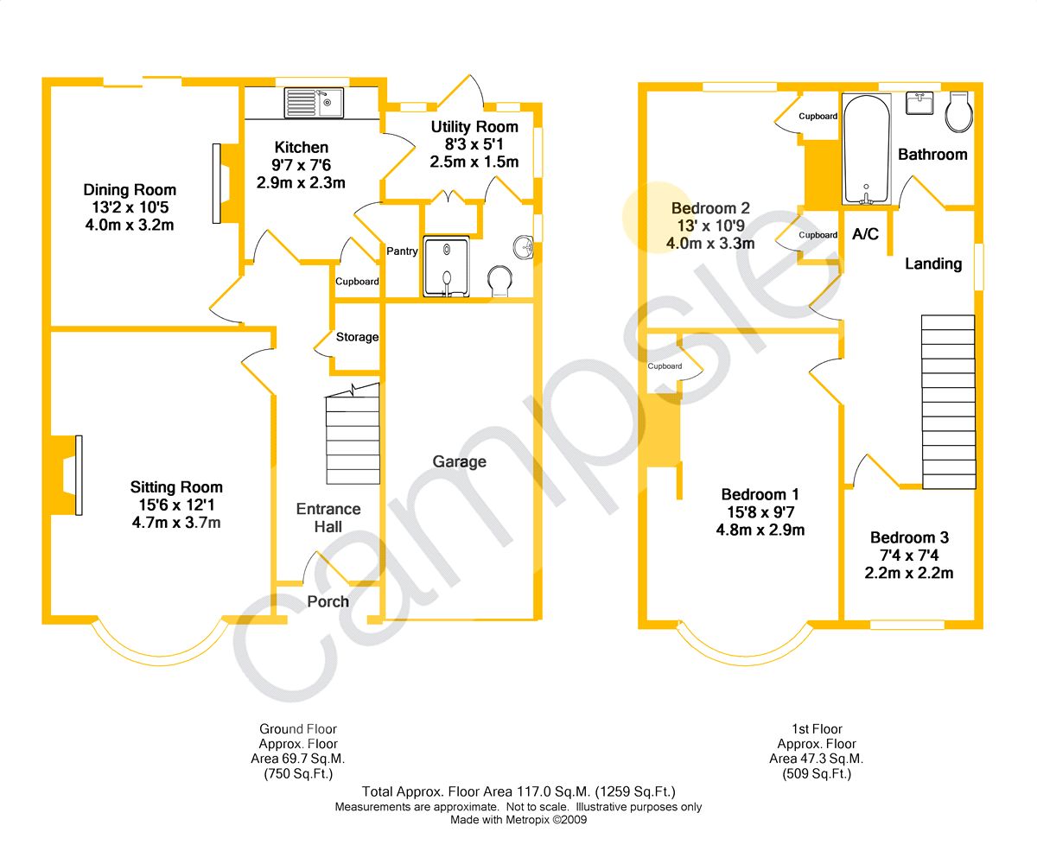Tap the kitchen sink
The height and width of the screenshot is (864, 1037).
pos(314,103)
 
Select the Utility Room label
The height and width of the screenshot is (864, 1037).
pos(474,128)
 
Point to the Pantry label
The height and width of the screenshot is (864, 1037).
pos(403,251)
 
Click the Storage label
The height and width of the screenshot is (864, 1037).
pos(358,337)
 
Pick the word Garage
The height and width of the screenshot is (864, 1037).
pos(460,461)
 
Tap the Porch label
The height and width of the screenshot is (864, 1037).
pos(328,601)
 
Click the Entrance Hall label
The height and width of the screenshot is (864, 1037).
pos(328,518)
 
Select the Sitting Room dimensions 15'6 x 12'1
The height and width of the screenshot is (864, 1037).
pos(176,505)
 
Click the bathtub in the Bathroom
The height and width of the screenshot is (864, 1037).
pos(866,149)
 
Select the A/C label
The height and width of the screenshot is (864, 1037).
pos(865,234)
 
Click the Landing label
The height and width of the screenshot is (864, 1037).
pos(933,264)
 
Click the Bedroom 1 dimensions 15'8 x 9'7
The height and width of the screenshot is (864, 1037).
pos(760,512)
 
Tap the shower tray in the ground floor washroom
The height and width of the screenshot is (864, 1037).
pos(446,265)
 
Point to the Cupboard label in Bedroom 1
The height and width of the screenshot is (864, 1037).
pos(665,366)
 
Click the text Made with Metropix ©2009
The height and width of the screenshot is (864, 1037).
pos(518,820)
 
